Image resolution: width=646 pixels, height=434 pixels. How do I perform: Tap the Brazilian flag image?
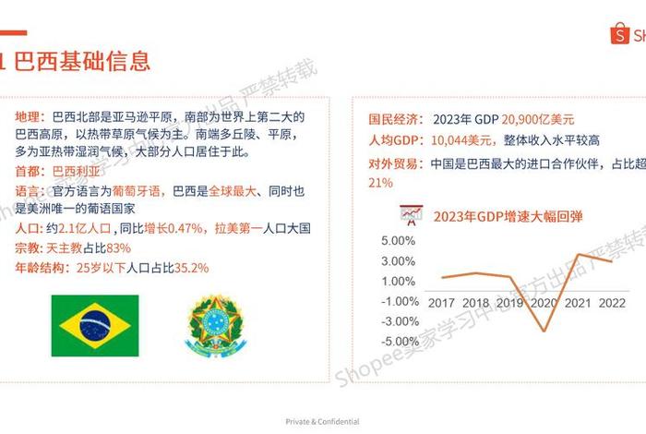[x=93, y=325]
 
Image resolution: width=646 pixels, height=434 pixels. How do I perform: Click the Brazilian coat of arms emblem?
[x=218, y=325]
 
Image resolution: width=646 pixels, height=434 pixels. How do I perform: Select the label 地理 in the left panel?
[x=29, y=117]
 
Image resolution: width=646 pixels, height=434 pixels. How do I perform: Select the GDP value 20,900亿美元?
[x=539, y=119]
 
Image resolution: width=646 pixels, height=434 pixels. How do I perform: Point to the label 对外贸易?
[x=396, y=163]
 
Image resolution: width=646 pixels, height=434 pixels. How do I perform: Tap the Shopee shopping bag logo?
[x=617, y=34]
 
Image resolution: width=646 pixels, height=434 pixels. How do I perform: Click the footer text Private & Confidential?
[x=322, y=421]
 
